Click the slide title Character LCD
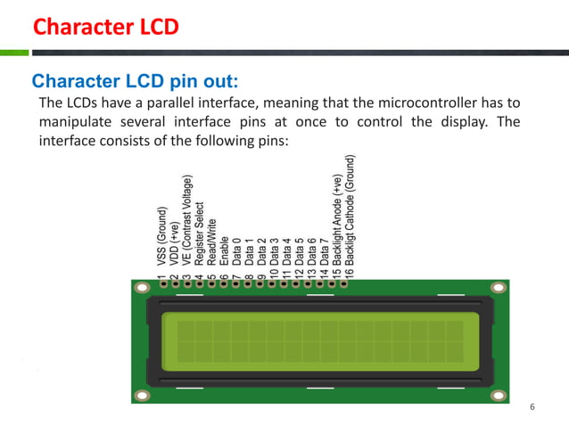105,27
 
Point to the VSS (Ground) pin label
161,238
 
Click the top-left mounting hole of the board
141,289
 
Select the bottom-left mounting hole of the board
141,393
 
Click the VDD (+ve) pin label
174,244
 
